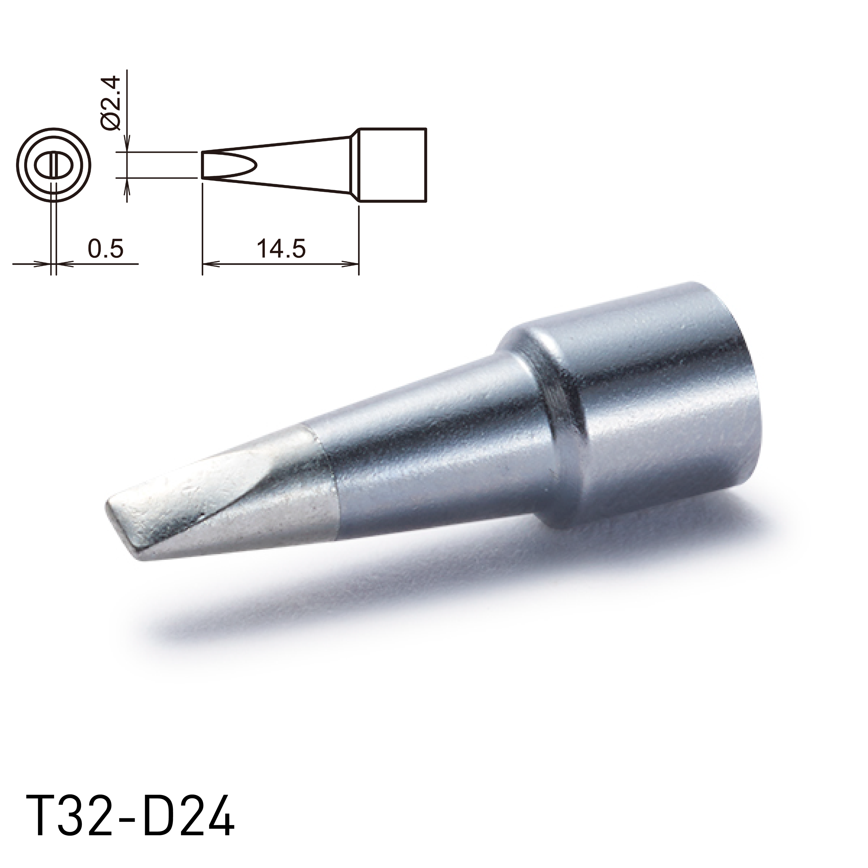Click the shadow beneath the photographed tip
(359, 597)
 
